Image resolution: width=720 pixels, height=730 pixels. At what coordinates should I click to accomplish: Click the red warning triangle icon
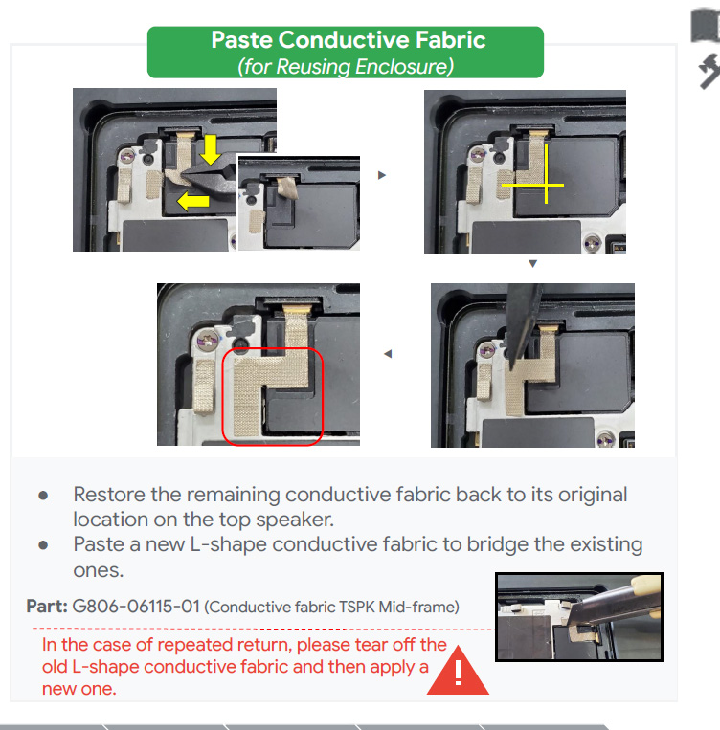pyautogui.click(x=458, y=671)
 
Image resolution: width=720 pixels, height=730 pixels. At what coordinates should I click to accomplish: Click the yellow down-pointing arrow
pyautogui.click(x=211, y=149)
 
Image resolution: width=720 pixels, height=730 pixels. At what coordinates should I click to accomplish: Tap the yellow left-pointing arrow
pyautogui.click(x=193, y=201)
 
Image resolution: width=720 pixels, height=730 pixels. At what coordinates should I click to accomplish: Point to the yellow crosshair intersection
pyautogui.click(x=546, y=186)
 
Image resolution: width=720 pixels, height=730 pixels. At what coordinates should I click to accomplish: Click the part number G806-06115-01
pyautogui.click(x=136, y=607)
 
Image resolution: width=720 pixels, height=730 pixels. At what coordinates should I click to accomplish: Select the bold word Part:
pyautogui.click(x=47, y=607)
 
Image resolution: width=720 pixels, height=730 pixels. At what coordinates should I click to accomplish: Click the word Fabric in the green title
pyautogui.click(x=451, y=39)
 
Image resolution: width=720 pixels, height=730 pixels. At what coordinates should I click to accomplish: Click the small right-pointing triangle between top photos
pyautogui.click(x=382, y=175)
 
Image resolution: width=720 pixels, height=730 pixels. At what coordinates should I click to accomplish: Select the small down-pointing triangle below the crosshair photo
pyautogui.click(x=533, y=263)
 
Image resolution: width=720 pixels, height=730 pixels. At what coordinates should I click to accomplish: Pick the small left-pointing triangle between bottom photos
pyautogui.click(x=388, y=354)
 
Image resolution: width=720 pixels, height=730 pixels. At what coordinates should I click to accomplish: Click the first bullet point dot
pyautogui.click(x=43, y=496)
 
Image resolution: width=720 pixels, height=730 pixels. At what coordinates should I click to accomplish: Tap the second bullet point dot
pyautogui.click(x=43, y=545)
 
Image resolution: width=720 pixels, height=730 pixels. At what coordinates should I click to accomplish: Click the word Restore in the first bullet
pyautogui.click(x=109, y=495)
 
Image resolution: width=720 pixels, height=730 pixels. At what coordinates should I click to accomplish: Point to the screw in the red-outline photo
pyautogui.click(x=208, y=340)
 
